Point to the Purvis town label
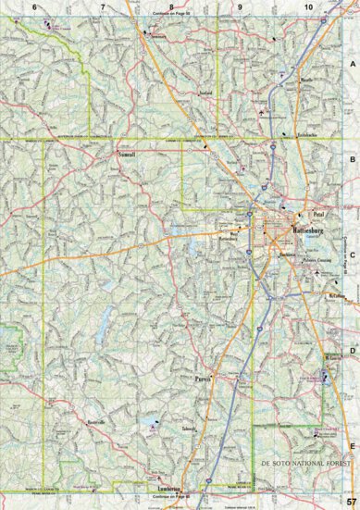pyautogui.click(x=205, y=379)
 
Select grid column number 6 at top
pyautogui.click(x=34, y=6)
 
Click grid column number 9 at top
pyautogui.click(x=240, y=6)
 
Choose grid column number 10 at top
pyautogui.click(x=307, y=6)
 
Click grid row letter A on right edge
pyautogui.click(x=352, y=64)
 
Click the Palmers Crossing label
pyautogui.click(x=319, y=260)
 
